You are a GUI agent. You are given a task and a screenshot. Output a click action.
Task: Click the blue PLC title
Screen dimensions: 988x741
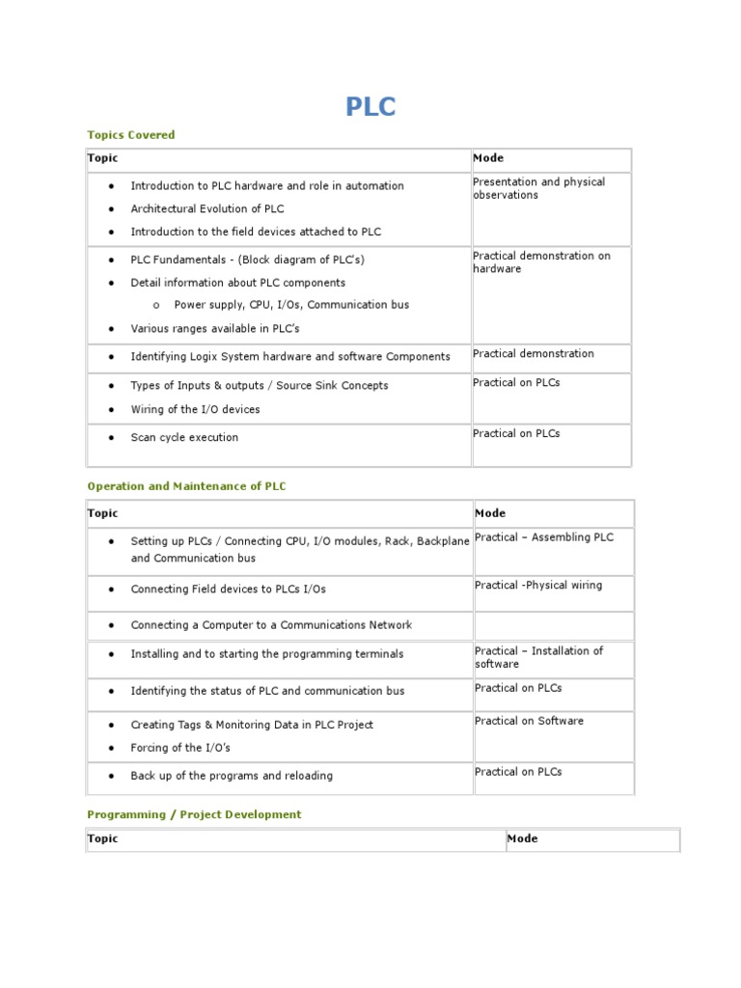click(370, 106)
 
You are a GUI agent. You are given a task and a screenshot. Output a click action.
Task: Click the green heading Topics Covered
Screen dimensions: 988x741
click(131, 135)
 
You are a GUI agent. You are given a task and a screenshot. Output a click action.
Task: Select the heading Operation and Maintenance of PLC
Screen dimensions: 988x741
click(186, 486)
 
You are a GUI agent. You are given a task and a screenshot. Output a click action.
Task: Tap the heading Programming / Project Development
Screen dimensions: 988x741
click(194, 814)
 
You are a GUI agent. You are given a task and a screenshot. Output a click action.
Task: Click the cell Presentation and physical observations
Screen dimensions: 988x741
click(538, 188)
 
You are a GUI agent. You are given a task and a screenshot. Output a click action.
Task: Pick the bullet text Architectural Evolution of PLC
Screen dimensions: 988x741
click(207, 208)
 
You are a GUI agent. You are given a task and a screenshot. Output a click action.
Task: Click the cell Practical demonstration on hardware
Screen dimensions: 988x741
click(541, 262)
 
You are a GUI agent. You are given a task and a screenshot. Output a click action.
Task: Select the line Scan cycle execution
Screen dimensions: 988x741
click(184, 437)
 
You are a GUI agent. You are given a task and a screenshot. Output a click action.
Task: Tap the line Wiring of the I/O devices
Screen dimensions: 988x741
click(195, 409)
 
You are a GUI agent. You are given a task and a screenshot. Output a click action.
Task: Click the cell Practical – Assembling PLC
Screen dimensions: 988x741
click(543, 537)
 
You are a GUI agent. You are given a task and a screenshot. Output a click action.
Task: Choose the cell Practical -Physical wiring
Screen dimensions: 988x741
click(537, 586)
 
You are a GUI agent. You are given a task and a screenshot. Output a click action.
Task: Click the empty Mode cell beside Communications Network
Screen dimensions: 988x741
click(553, 625)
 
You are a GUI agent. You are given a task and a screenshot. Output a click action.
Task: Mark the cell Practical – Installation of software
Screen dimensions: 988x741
click(538, 657)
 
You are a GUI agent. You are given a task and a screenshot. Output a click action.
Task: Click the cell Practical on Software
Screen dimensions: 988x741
click(529, 721)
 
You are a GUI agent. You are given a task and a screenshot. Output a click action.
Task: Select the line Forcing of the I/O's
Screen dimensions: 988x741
click(180, 748)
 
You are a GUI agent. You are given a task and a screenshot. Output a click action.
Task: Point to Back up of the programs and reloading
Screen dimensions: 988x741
click(232, 776)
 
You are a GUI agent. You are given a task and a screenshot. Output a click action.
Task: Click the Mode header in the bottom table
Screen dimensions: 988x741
click(522, 838)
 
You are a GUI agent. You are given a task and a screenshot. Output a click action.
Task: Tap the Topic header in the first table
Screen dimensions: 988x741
click(103, 158)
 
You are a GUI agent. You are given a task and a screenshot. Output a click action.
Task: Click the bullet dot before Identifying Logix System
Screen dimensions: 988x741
click(112, 357)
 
